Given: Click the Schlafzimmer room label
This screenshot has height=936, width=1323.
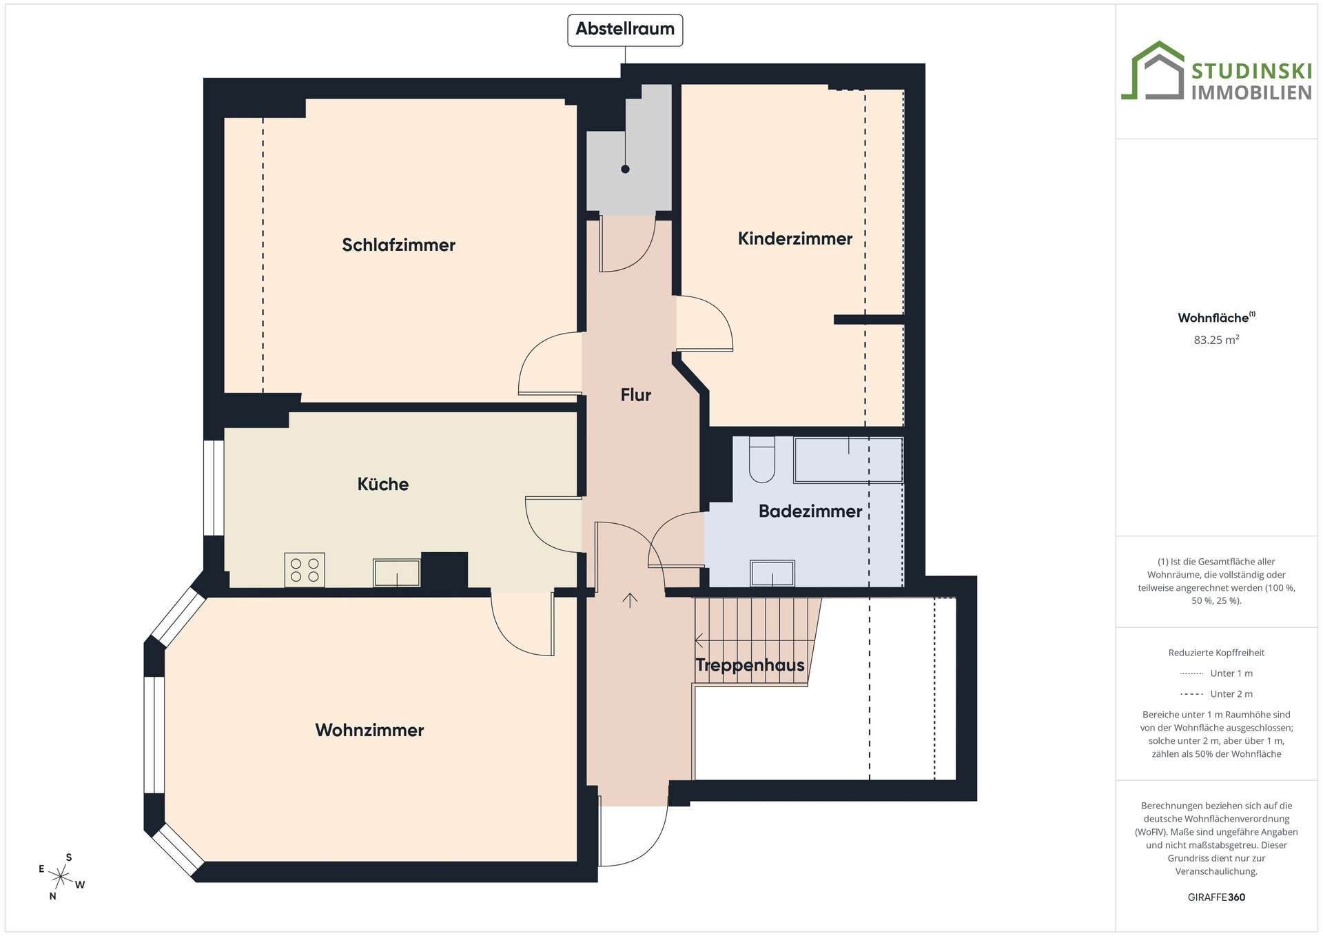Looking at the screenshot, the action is (398, 245).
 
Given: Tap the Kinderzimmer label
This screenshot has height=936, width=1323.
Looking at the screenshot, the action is (795, 239).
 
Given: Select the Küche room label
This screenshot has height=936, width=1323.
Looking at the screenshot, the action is (383, 484).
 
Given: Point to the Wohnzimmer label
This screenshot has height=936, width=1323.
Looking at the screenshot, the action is (369, 730).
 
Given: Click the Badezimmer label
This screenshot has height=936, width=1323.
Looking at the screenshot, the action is (810, 511).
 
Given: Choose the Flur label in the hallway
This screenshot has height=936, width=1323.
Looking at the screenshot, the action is (635, 395).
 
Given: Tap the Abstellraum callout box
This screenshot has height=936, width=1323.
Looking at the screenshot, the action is (625, 30).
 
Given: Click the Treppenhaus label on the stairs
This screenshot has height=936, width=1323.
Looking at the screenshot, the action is (750, 665).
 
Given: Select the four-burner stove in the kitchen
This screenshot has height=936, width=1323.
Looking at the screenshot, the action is (305, 569).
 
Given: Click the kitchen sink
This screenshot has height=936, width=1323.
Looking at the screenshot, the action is (397, 573).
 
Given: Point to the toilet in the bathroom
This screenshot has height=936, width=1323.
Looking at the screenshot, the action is (762, 459).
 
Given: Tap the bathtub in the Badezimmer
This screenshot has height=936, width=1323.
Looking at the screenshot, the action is (848, 460).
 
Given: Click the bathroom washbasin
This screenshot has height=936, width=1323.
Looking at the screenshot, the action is (772, 573).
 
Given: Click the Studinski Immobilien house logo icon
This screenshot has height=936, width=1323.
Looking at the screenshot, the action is (1153, 70).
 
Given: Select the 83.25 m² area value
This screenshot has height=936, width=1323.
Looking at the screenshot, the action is (1216, 339).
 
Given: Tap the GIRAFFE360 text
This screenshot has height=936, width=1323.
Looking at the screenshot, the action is (1216, 897).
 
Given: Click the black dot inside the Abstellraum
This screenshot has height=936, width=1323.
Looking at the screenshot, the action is (625, 169).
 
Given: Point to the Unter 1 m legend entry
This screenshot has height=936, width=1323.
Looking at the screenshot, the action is (1216, 673).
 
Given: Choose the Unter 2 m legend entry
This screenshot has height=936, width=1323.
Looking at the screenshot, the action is (1216, 694).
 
